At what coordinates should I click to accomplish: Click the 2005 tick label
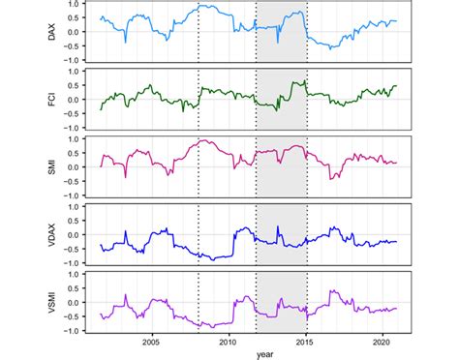(x=150, y=342)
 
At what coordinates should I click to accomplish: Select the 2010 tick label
(x=228, y=342)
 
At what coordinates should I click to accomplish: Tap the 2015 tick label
(x=305, y=342)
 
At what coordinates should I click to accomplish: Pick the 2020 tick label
(x=382, y=342)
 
